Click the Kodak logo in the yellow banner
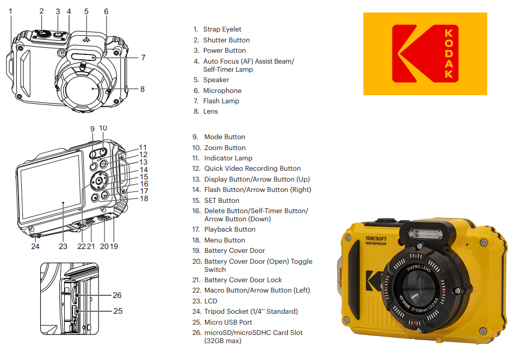point(425,54)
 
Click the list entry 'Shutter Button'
point(226,40)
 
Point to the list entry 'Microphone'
point(222,91)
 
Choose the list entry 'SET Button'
point(221,201)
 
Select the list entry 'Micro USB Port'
point(228,322)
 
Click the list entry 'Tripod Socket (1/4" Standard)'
point(251,312)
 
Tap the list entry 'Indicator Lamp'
point(228,158)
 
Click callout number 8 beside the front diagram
point(143,89)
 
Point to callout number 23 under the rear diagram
point(63,246)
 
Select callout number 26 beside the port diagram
point(117,295)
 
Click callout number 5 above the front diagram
point(86,11)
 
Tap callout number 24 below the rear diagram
point(35,246)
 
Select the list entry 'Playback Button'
point(230,229)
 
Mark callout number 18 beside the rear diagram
point(144,198)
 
